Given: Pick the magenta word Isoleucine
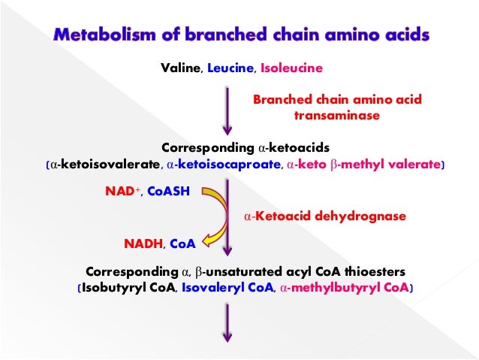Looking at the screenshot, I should click(x=291, y=68).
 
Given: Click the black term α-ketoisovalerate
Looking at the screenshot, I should click(x=105, y=164).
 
